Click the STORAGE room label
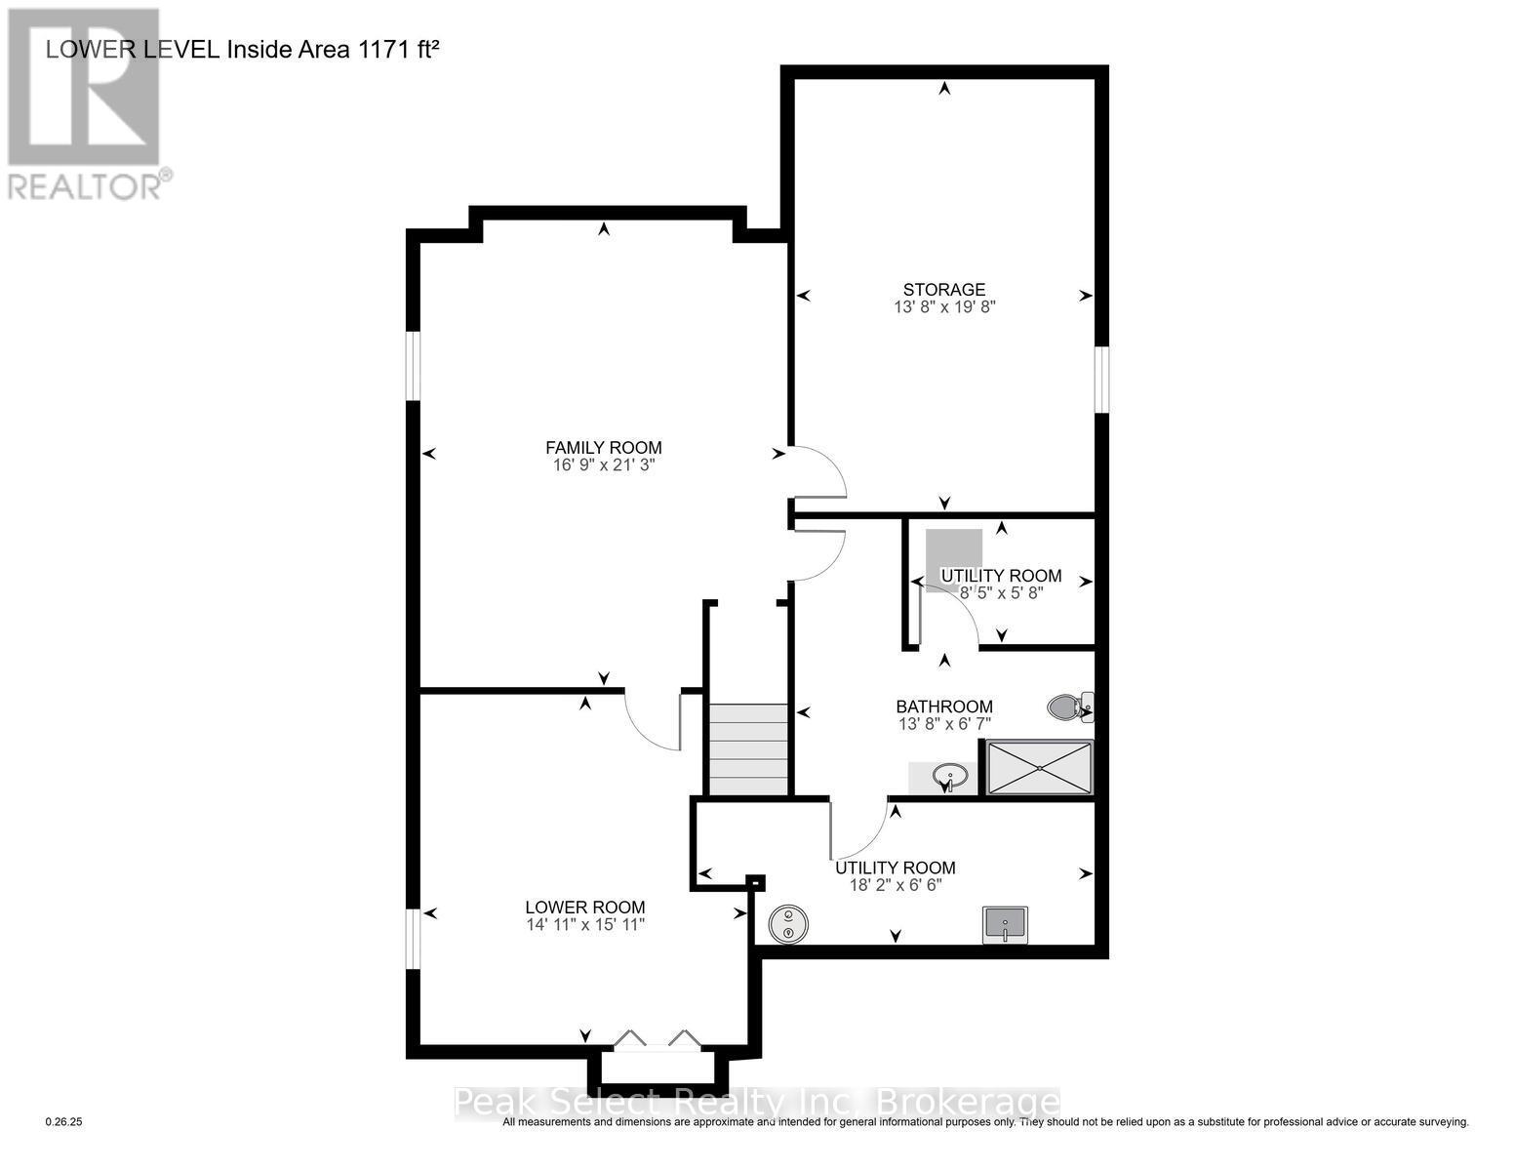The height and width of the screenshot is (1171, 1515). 943,289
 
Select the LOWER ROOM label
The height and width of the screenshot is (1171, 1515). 584,907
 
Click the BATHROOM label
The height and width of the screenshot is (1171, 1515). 944,707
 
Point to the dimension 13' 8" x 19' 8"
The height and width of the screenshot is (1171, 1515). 943,306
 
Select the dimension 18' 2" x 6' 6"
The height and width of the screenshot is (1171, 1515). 895,885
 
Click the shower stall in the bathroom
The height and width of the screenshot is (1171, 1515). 1039,768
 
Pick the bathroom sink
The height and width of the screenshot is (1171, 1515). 947,778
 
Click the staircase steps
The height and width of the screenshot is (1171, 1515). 747,749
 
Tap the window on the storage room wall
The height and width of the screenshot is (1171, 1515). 1101,379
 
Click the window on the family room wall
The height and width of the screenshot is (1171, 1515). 413,366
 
